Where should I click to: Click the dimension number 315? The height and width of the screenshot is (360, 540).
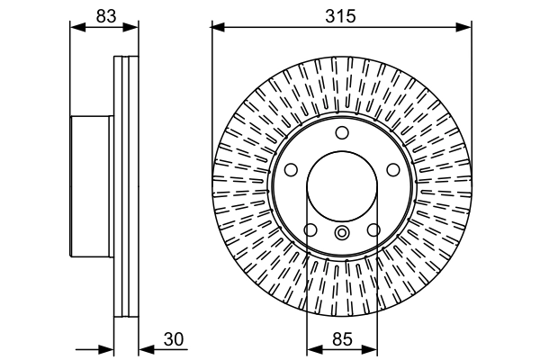coord(341,15)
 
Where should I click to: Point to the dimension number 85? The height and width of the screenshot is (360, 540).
coord(341,339)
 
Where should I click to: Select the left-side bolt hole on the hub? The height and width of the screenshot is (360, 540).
coord(292,168)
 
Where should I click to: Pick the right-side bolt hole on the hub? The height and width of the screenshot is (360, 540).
coord(391,168)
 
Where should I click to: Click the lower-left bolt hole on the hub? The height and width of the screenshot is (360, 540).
coord(310,231)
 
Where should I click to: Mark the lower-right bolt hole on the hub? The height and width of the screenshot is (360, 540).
coord(372,231)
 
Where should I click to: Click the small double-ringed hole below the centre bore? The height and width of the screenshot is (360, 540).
coord(341,235)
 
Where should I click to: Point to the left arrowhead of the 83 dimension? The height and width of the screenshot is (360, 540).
coord(76,28)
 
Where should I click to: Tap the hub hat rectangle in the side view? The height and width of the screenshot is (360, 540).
coord(93,187)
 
